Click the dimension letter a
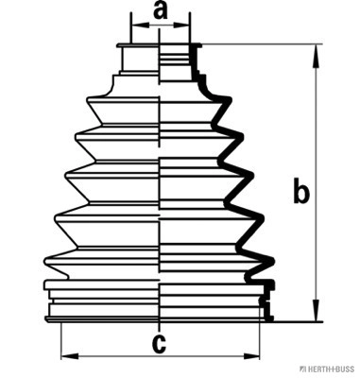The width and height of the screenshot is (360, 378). pos(160,11)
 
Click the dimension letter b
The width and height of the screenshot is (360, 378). pos(301,190)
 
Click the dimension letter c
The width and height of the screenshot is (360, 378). pos(159,343)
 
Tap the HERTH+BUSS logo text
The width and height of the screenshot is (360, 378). pos(329,369)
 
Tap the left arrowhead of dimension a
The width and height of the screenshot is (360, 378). pos(140,25)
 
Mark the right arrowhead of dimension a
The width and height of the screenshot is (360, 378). pos(180,25)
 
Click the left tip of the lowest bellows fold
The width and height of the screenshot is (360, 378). pos(45,261)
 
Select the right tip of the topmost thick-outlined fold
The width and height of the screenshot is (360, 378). pos(231,100)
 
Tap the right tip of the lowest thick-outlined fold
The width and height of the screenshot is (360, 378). pos(273,261)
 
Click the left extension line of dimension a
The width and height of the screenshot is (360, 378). pos(130,27)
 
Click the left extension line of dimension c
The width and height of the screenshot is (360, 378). pos(61,341)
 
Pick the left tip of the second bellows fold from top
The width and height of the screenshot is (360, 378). pos(77,137)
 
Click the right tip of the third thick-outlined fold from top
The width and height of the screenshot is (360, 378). pos(252,175)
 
